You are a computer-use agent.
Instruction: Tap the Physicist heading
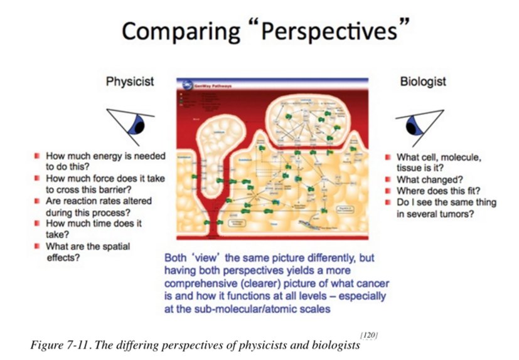tap(130, 82)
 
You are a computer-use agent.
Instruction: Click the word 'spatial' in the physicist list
tap(111, 246)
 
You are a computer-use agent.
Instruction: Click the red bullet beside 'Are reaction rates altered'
tap(38, 201)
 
